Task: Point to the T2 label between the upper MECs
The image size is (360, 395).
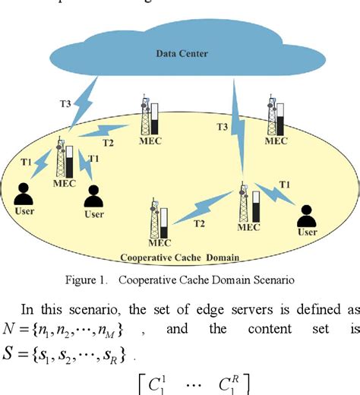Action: point(108,142)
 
